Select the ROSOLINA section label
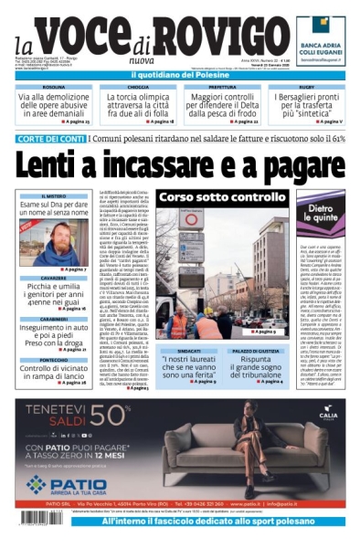(x=56, y=87)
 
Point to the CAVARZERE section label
(x=54, y=278)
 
